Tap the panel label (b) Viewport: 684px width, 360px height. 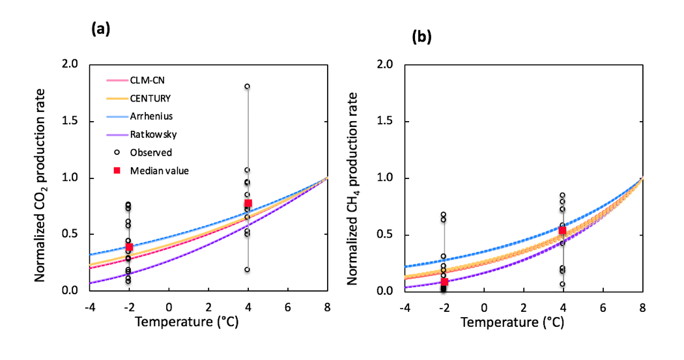422,37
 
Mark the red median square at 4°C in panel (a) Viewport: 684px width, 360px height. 248,203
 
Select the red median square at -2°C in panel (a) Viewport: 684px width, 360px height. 129,247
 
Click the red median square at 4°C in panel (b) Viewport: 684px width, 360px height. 563,230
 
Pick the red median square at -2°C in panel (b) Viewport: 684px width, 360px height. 444,282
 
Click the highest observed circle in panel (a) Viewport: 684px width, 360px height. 248,86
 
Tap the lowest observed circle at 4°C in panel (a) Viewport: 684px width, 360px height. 248,270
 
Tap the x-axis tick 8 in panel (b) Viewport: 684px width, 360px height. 642,307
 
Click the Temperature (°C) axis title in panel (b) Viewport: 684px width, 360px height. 524,322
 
